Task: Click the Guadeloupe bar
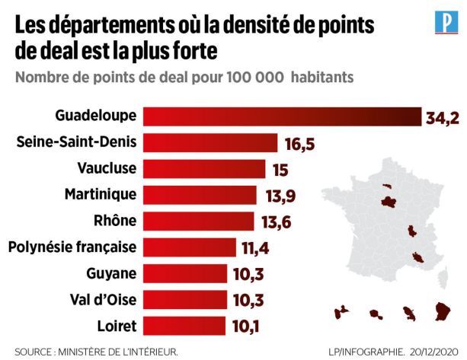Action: [x=282, y=116]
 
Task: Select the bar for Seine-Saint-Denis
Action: [x=210, y=142]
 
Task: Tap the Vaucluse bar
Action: [x=204, y=168]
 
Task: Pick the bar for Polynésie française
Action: [x=190, y=247]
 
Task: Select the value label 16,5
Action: [x=300, y=142]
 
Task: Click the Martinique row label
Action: [x=101, y=194]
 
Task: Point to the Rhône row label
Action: [x=116, y=221]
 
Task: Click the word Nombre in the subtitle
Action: [x=45, y=77]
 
